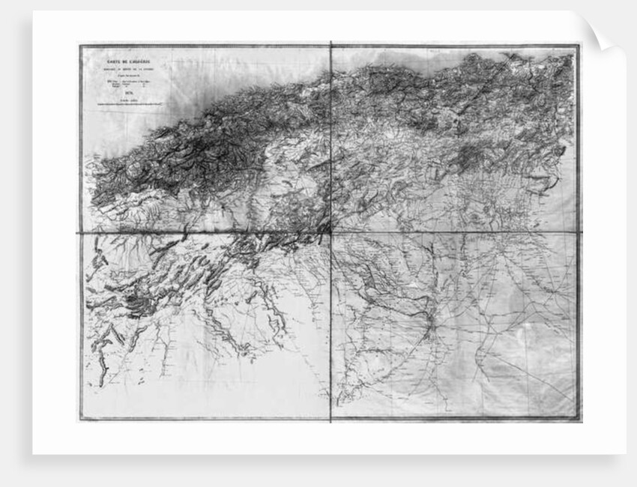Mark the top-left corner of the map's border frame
[x=80, y=46]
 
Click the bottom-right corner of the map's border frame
[x=579, y=420]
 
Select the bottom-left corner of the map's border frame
[x=80, y=420]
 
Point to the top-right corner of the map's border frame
[x=579, y=46]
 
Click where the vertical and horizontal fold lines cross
[x=330, y=232]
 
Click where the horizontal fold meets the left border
[x=80, y=233]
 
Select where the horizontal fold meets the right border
[x=579, y=232]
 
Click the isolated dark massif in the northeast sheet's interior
[x=471, y=157]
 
